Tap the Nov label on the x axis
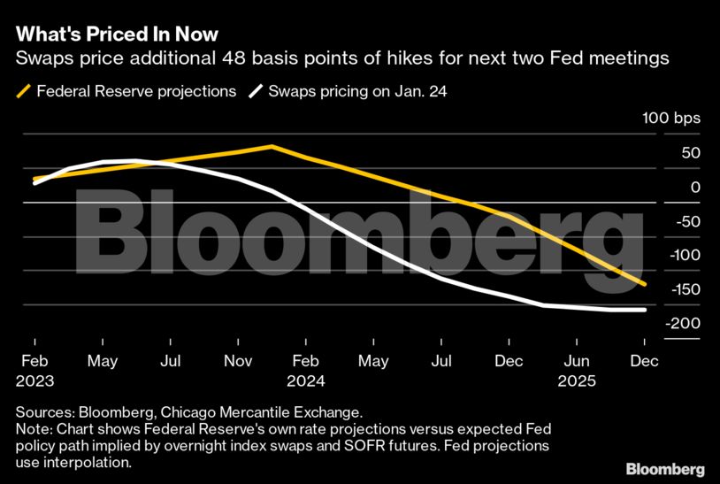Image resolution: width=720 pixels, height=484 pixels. click(x=239, y=362)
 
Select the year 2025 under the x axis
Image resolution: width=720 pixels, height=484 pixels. click(x=578, y=381)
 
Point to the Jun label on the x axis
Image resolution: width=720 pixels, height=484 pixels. click(x=578, y=362)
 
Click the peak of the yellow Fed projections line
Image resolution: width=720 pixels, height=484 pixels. click(x=272, y=146)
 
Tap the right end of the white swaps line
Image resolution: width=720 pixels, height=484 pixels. click(x=645, y=310)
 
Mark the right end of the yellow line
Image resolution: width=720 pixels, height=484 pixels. click(x=645, y=284)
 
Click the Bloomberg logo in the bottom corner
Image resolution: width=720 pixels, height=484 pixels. click(x=665, y=468)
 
